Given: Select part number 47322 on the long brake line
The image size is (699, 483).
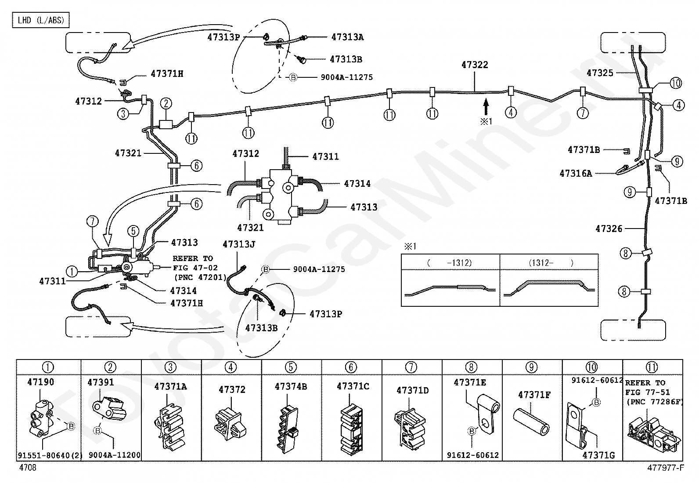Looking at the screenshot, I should (x=475, y=65).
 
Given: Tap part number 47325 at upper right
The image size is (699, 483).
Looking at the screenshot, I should (x=600, y=73).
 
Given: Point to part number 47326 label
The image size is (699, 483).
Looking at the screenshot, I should (x=609, y=229).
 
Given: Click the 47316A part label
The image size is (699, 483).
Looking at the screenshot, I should (x=576, y=174).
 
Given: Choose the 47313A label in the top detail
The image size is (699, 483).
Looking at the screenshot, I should (x=347, y=37).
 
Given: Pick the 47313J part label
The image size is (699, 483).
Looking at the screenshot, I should (x=238, y=244).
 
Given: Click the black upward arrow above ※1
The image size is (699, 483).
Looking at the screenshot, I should (x=486, y=107).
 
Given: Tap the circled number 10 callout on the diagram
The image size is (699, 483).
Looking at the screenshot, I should (x=676, y=83).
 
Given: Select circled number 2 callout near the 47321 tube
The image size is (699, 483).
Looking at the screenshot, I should (x=166, y=104).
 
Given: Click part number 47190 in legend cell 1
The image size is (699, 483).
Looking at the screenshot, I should (x=41, y=382).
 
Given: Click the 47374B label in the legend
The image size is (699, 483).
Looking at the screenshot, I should (x=291, y=387).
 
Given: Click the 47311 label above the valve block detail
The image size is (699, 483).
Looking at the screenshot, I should (x=325, y=156).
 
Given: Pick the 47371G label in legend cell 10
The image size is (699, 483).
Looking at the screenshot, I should (x=598, y=455).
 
